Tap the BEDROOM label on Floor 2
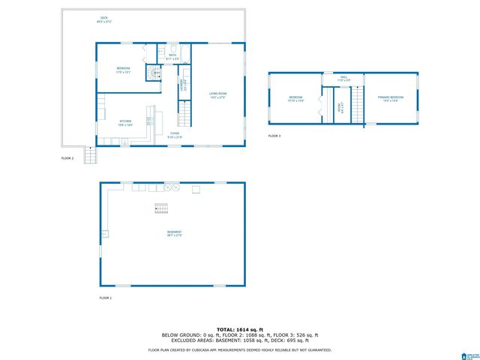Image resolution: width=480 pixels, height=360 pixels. (123, 70)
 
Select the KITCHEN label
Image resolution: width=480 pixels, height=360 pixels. (125, 122)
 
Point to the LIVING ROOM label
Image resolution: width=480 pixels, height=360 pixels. (217, 94)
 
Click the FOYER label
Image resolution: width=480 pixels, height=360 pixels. (174, 134)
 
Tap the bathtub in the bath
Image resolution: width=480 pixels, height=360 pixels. (185, 55)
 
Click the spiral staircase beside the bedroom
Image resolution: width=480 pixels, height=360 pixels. (153, 73)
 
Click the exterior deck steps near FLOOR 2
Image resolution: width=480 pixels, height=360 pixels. (91, 156)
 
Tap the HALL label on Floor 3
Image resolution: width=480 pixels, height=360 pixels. (343, 77)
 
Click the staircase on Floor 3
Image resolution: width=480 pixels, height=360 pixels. (358, 104)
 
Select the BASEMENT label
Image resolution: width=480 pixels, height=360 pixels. (174, 233)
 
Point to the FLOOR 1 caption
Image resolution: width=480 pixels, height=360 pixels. (105, 298)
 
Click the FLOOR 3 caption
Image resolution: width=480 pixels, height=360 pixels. (274, 136)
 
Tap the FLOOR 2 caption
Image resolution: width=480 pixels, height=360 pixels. (67, 158)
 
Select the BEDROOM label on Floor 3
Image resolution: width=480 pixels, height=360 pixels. (295, 98)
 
